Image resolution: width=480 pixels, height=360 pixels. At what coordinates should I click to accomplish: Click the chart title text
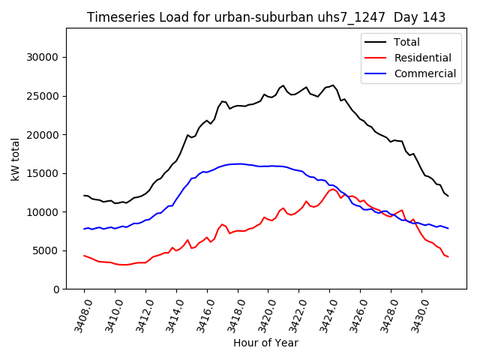click(265, 17)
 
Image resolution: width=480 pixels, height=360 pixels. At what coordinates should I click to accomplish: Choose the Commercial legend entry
click(424, 73)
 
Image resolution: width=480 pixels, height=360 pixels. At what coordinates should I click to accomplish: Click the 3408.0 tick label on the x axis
click(78, 313)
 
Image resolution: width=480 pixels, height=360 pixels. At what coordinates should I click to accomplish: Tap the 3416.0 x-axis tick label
click(201, 313)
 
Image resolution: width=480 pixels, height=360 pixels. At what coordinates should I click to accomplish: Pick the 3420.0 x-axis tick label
click(262, 313)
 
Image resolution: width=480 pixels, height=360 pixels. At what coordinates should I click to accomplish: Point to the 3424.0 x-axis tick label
click(324, 313)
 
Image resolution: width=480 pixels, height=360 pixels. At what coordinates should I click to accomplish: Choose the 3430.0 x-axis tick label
click(415, 313)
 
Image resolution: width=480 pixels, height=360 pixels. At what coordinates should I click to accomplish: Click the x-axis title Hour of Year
click(265, 343)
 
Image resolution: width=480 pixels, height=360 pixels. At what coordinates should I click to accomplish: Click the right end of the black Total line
click(448, 196)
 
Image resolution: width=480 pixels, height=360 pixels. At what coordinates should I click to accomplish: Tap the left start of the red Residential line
click(84, 255)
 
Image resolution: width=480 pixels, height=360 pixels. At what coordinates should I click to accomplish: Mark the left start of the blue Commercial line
click(84, 229)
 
